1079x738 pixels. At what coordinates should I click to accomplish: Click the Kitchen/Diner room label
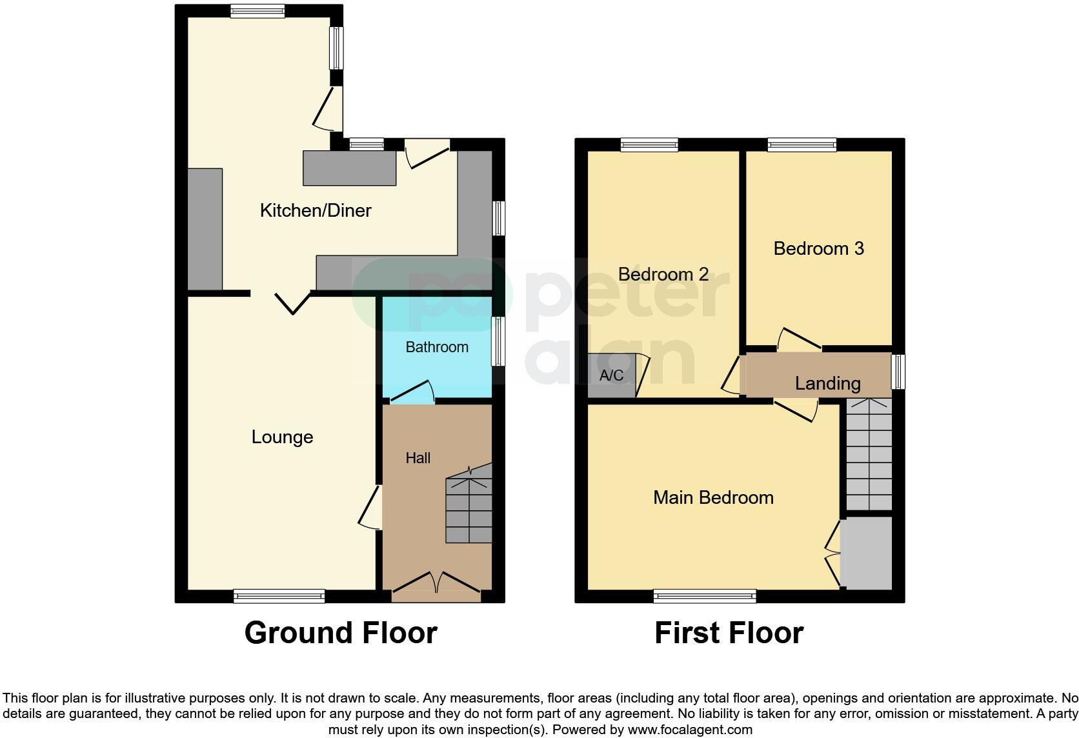316,210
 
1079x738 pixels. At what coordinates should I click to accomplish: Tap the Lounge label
282,437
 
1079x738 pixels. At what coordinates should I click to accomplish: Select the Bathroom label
437,347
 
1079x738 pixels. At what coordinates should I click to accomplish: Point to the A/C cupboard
611,375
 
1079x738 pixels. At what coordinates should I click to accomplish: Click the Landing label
827,384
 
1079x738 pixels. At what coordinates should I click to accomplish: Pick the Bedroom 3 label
818,248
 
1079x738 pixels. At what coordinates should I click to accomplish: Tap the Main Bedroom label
713,497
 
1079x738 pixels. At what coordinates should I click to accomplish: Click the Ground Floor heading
341,633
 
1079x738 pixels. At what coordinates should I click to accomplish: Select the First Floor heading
729,633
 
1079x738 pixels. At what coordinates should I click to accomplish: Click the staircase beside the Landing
869,455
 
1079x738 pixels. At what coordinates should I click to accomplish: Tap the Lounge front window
279,596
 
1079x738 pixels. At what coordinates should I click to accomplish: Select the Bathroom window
498,341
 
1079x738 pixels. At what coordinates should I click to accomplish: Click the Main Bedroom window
704,596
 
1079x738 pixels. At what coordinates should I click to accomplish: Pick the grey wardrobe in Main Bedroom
866,552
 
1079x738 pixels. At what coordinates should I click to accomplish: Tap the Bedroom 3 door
798,339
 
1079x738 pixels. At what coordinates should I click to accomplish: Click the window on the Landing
898,372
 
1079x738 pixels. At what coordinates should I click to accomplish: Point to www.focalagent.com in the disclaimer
690,730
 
